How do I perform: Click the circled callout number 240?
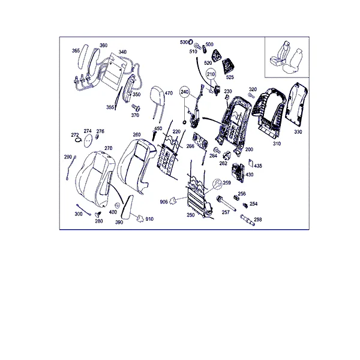click(185, 92)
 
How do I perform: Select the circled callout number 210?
click(211, 74)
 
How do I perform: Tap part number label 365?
click(76, 50)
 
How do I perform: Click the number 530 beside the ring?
click(184, 42)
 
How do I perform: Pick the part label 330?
click(298, 132)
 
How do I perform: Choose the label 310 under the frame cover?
click(277, 143)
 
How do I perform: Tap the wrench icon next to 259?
click(217, 184)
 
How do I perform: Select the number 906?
click(164, 202)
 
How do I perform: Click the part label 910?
click(149, 219)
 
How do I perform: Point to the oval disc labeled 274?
click(88, 140)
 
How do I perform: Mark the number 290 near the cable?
click(68, 157)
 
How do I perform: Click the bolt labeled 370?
click(136, 107)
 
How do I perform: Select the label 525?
click(230, 77)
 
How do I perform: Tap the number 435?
click(258, 166)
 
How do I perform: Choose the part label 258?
click(257, 220)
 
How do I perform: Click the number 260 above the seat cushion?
click(137, 134)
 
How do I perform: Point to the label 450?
click(158, 128)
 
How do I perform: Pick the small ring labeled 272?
click(78, 140)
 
